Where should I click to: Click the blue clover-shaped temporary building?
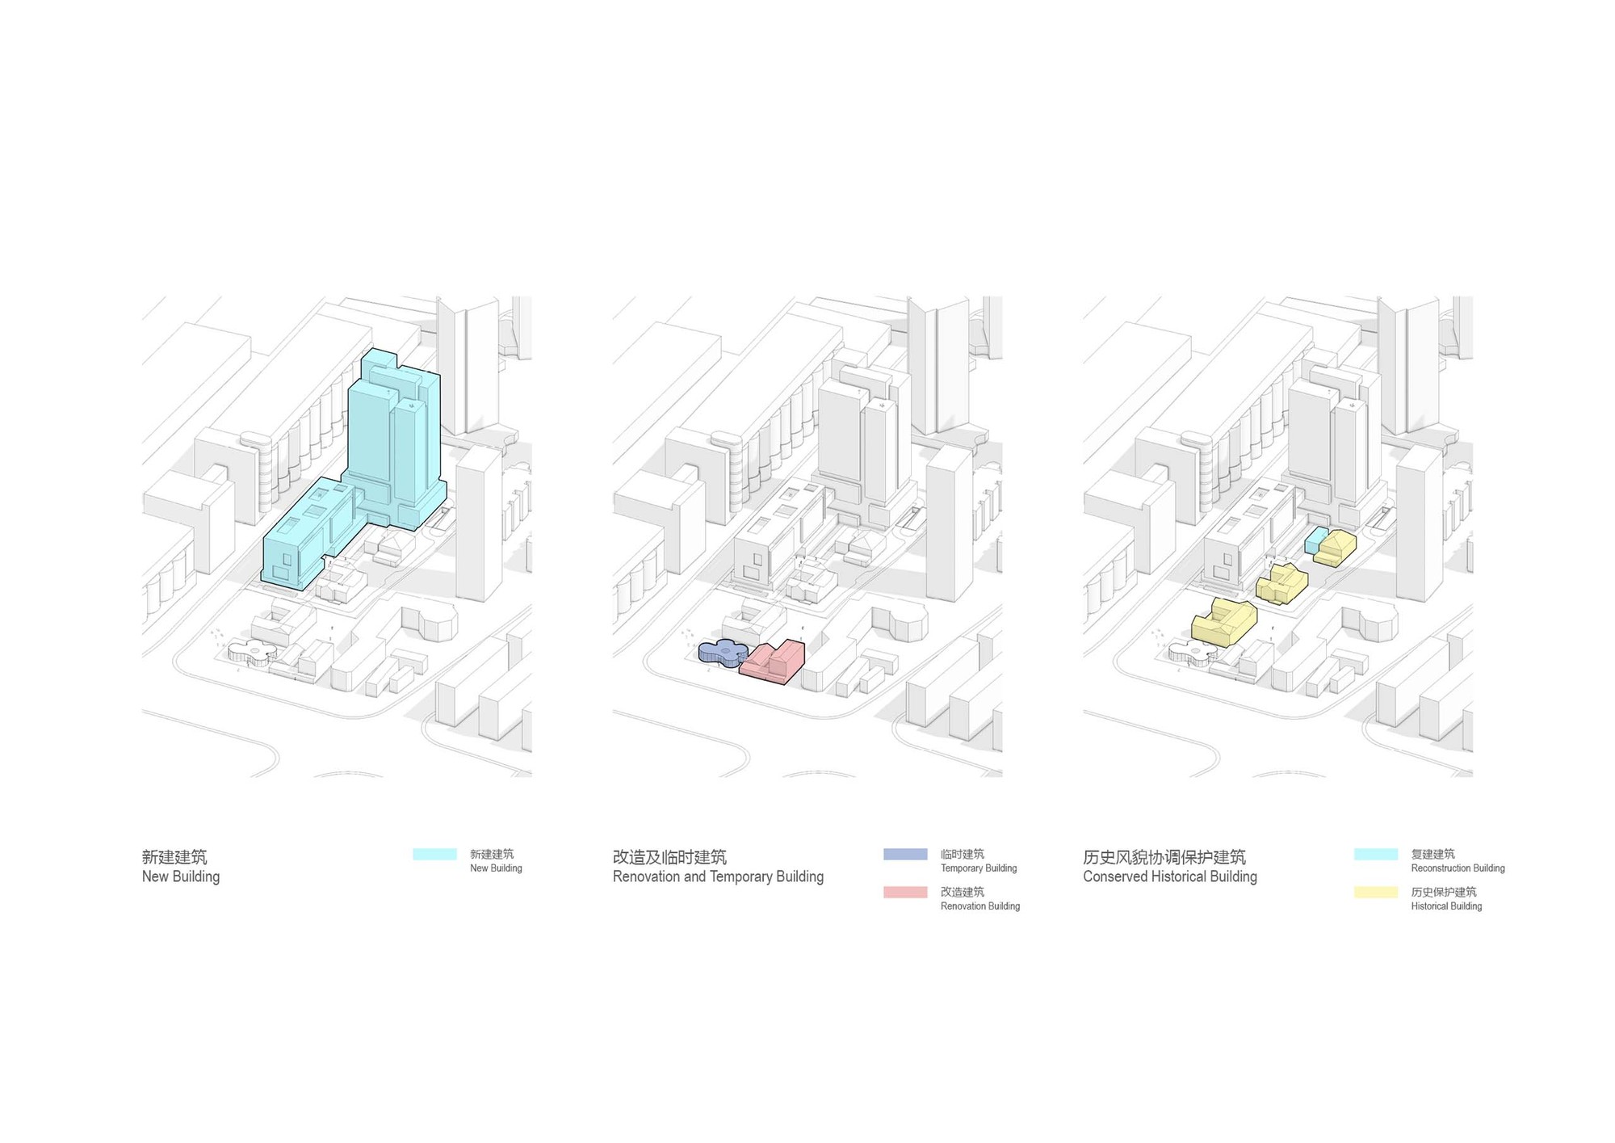coord(723,653)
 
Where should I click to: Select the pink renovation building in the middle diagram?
coord(774,662)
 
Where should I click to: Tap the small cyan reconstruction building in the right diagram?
coord(1315,540)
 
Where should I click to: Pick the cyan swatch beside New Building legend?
coord(434,854)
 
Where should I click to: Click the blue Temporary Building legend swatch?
coord(905,854)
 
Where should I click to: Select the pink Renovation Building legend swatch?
coord(905,892)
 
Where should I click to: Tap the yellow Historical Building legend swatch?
coord(1376,892)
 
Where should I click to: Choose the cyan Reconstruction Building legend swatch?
coord(1376,854)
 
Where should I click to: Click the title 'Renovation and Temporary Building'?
coord(718,876)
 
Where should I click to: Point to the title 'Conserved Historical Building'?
coord(1170,876)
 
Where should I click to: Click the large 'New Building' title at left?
coord(181,876)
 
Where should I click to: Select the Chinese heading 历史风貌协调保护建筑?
coord(1164,856)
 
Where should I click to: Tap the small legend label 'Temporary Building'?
coord(979,868)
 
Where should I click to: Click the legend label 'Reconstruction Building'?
coord(1458,868)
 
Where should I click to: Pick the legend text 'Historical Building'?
coord(1446,906)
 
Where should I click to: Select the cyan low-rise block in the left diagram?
coord(307,533)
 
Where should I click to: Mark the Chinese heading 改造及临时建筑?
coord(669,856)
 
